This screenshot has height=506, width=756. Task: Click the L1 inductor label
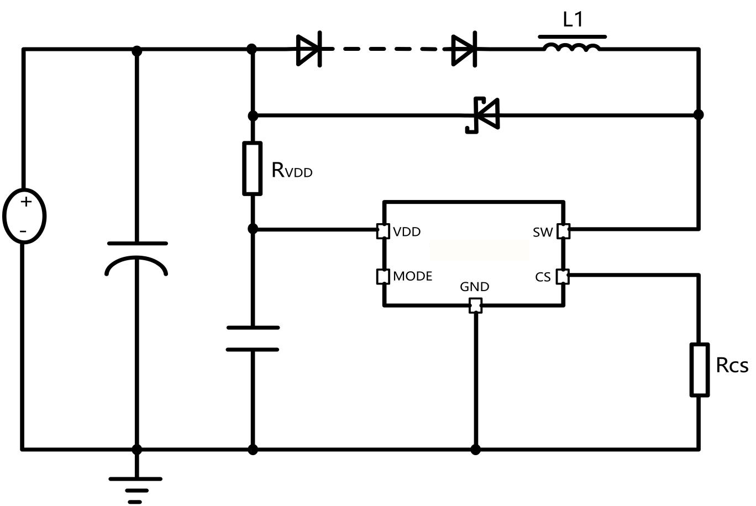click(573, 20)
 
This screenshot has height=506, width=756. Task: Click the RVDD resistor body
click(253, 168)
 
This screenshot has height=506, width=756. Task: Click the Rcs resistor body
click(699, 370)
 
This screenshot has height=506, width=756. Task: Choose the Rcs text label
click(732, 365)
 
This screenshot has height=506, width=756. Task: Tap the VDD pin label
click(407, 231)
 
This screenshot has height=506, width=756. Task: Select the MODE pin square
click(383, 276)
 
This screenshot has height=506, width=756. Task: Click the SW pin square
click(563, 231)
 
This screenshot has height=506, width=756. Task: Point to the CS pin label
click(543, 277)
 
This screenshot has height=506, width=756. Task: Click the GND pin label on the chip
click(475, 287)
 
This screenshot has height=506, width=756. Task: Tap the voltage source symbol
click(24, 216)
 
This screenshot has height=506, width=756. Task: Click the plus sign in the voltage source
click(25, 202)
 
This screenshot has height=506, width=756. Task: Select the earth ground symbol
click(135, 489)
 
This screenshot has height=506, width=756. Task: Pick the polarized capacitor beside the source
click(136, 257)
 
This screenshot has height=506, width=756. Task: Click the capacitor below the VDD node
click(253, 339)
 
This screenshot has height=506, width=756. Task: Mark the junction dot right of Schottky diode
click(699, 115)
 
